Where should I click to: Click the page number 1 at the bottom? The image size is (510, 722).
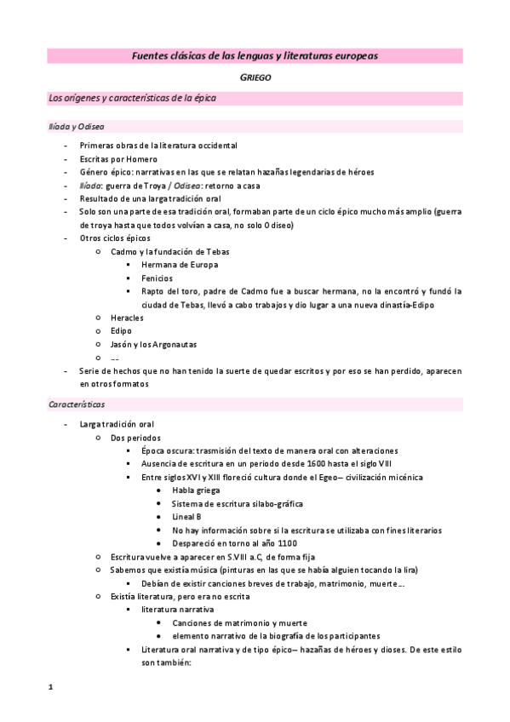point(50,685)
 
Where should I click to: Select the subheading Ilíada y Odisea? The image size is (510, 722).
point(76,126)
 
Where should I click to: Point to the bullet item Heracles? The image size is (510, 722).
point(127,318)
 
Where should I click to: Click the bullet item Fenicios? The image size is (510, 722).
point(158,278)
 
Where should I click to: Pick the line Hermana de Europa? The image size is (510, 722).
point(180,265)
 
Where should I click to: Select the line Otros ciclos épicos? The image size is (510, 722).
point(114,238)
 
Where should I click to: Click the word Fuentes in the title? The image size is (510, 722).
point(151,55)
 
